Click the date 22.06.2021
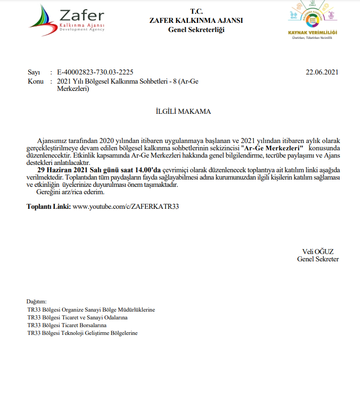[x=322, y=72]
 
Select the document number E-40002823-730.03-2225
[x=95, y=72]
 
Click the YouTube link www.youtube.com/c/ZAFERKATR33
[x=126, y=206]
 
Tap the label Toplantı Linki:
[x=48, y=206]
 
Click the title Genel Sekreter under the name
[x=318, y=259]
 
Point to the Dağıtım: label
[x=36, y=302]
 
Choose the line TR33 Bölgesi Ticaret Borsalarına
[x=67, y=325]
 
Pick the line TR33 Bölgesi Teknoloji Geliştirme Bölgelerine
[x=82, y=333]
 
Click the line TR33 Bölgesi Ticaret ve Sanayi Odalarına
[x=77, y=317]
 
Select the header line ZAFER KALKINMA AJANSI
[x=196, y=20]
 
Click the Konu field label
[x=35, y=81]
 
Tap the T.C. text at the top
[x=196, y=11]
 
